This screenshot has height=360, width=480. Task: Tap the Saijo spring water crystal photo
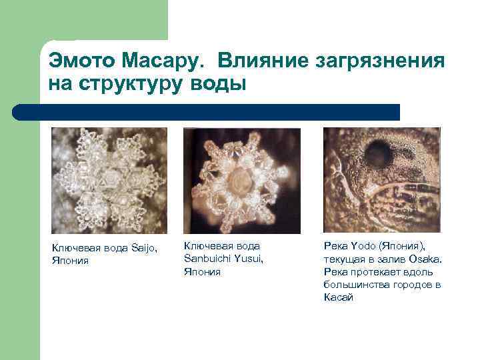(x=110, y=180)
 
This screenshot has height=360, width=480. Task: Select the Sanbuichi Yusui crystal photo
(x=241, y=180)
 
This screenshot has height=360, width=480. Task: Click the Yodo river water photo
(x=381, y=180)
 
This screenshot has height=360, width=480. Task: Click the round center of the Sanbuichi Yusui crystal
(x=240, y=182)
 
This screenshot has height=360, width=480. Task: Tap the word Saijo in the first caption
(x=143, y=249)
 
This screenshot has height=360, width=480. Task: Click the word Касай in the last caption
(x=338, y=297)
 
